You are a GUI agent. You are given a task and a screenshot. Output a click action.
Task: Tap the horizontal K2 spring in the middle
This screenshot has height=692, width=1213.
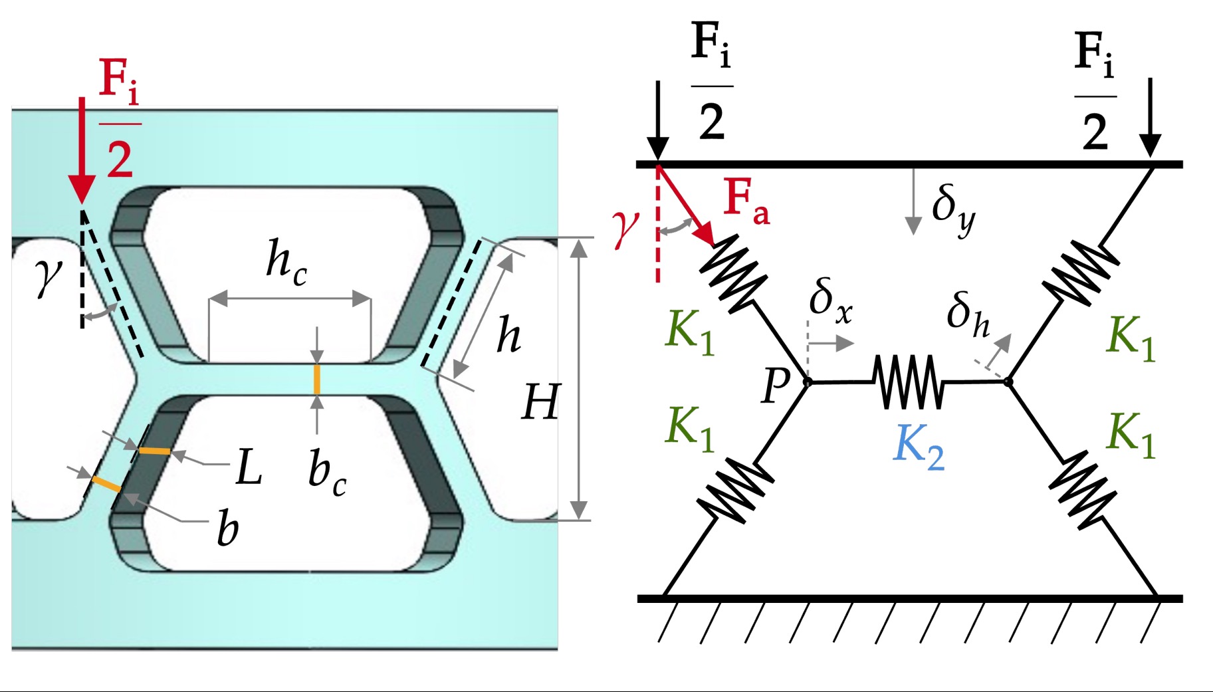pos(909,382)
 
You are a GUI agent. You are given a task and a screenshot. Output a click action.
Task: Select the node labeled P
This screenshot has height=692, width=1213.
pos(808,382)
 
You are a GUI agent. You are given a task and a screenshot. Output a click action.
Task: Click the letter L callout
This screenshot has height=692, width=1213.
pos(249,467)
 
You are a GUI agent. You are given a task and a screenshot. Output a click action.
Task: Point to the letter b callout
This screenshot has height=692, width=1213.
pos(227,530)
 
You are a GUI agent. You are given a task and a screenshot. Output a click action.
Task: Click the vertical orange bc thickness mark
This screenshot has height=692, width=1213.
pos(317,379)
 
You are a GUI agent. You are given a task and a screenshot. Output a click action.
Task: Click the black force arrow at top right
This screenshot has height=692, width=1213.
pos(1149,120)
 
